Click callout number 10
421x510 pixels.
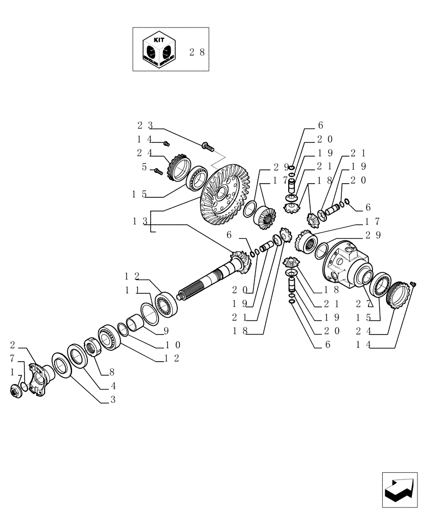pyautogui.click(x=172, y=345)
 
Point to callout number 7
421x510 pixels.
pyautogui.click(x=11, y=359)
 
